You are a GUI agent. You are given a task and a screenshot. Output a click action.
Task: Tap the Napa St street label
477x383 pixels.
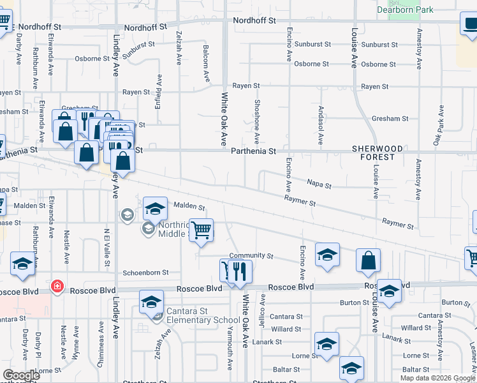tap(319, 185)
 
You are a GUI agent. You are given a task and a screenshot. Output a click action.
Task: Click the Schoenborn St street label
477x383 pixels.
tap(145, 272)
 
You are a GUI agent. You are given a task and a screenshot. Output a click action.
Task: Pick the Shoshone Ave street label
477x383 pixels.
tap(257, 121)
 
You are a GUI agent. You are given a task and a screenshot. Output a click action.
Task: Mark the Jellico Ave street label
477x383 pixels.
tap(262, 311)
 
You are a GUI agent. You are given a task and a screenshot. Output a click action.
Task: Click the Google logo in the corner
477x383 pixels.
tap(21, 375)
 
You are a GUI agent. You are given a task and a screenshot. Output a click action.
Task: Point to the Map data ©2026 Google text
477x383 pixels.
tap(437, 378)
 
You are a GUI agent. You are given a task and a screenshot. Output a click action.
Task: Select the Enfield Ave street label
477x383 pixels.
tap(158, 90)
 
